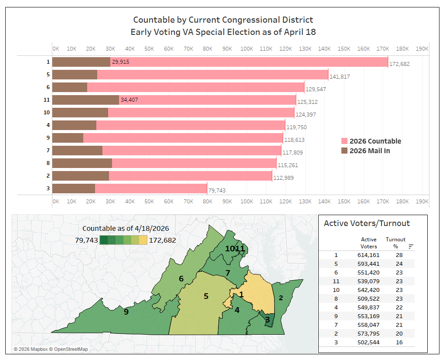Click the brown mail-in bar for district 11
click(x=85, y=100)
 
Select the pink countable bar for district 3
click(x=151, y=189)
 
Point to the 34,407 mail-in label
click(x=130, y=100)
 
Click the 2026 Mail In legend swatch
click(x=344, y=151)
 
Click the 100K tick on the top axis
click(x=246, y=48)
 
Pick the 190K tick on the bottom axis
click(x=422, y=201)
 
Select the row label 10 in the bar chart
click(x=47, y=113)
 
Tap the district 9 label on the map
click(x=126, y=312)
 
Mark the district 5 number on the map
click(x=206, y=296)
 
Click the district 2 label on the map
click(x=281, y=298)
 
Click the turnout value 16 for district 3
click(x=395, y=342)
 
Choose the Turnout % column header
click(x=395, y=243)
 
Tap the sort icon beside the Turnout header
click(x=411, y=247)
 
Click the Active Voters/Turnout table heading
click(x=367, y=223)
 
